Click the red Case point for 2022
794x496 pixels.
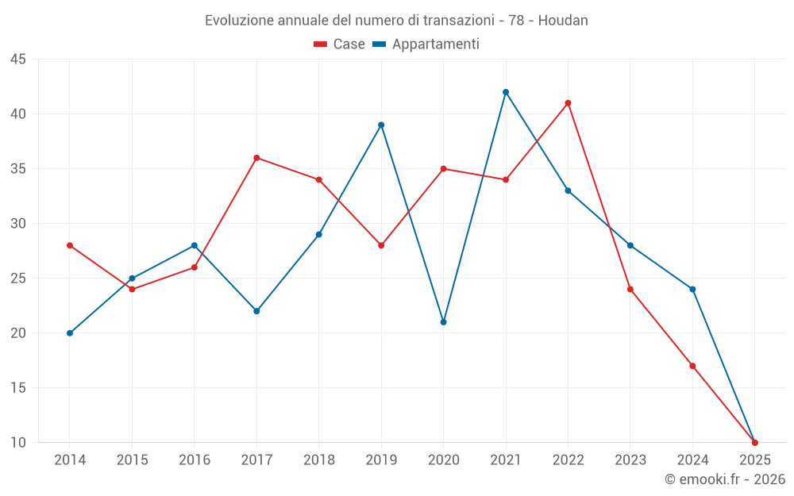coord(568,103)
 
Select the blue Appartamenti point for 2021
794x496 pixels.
coord(506,92)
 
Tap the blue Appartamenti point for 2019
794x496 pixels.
coord(381,125)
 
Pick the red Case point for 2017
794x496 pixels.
coord(256,158)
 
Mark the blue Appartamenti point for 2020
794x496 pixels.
coord(443,322)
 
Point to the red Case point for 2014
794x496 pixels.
coord(70,245)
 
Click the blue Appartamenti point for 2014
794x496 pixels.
coord(70,333)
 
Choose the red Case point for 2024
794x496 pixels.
coord(692,366)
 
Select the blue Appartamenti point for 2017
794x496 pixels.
coord(256,311)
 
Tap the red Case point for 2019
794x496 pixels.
coord(381,245)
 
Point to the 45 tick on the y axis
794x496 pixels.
coord(18,60)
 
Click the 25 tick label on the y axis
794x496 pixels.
coord(18,279)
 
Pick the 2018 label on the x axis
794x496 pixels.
coord(318,460)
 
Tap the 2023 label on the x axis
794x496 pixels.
coord(630,460)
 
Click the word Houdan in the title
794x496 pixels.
coord(563,21)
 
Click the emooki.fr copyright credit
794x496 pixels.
coord(724,479)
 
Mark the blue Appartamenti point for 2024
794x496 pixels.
coord(692,289)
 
